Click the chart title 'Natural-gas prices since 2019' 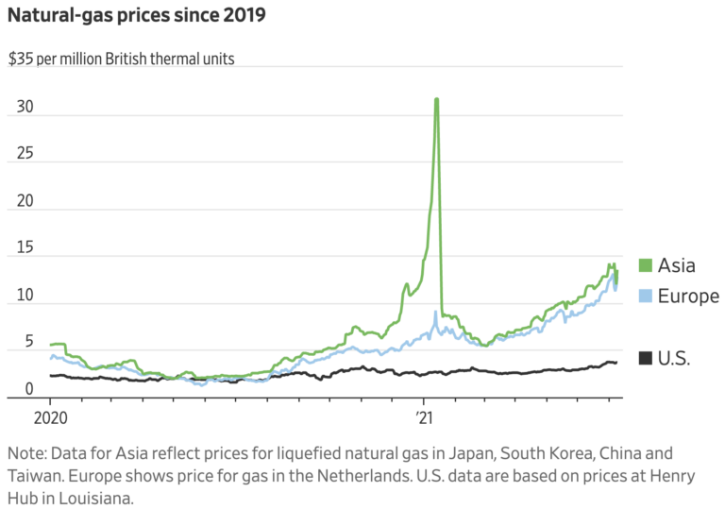pyautogui.click(x=137, y=16)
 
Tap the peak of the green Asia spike pyautogui.click(x=436, y=100)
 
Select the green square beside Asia pyautogui.click(x=646, y=265)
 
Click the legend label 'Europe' pyautogui.click(x=689, y=297)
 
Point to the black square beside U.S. pyautogui.click(x=646, y=358)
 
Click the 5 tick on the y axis pyautogui.click(x=28, y=343)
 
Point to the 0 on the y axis pyautogui.click(x=28, y=389)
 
